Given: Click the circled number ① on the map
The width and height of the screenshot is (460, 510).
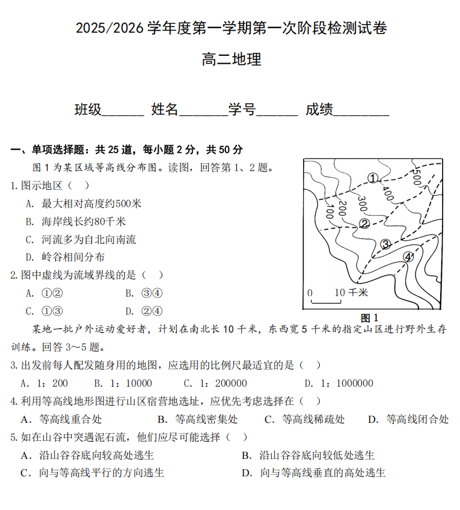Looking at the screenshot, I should pyautogui.click(x=373, y=178).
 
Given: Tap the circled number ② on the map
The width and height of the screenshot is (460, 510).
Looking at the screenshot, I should pyautogui.click(x=364, y=223).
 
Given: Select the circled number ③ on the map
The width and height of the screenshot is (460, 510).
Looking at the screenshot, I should pyautogui.click(x=385, y=244).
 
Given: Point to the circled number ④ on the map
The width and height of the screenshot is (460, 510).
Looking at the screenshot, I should pyautogui.click(x=408, y=257).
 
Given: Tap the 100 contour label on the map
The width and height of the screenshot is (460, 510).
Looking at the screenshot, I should pyautogui.click(x=329, y=211).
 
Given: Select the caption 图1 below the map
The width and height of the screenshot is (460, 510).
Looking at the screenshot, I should pyautogui.click(x=369, y=318).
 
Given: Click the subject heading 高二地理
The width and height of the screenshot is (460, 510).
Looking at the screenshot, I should pyautogui.click(x=232, y=59).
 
